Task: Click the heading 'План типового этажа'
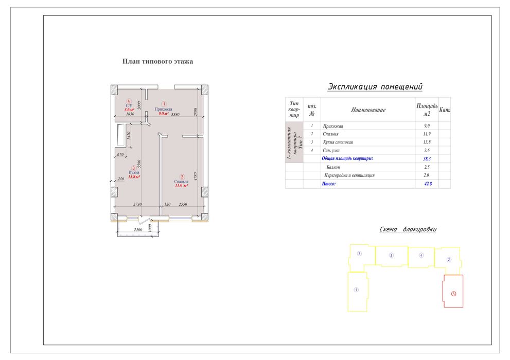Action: click(158, 61)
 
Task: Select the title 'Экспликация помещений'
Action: click(375, 87)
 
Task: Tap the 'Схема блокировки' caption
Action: click(408, 229)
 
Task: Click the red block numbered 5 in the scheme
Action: click(453, 291)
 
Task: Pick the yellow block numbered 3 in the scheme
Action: click(392, 256)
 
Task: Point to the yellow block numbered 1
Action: click(358, 292)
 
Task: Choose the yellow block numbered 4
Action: click(421, 257)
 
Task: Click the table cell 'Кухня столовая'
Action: click(338, 142)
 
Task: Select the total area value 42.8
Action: click(428, 184)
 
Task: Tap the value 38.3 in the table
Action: click(427, 159)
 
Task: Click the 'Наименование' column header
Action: click(368, 110)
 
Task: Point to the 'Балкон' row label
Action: click(333, 167)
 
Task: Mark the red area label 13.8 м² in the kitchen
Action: click(134, 177)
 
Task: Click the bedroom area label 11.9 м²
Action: click(182, 186)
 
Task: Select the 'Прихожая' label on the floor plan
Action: click(163, 109)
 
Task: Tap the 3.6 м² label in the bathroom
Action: click(129, 110)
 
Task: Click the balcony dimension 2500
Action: click(138, 230)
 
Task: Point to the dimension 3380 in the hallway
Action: click(175, 114)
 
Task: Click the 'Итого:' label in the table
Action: click(328, 184)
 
